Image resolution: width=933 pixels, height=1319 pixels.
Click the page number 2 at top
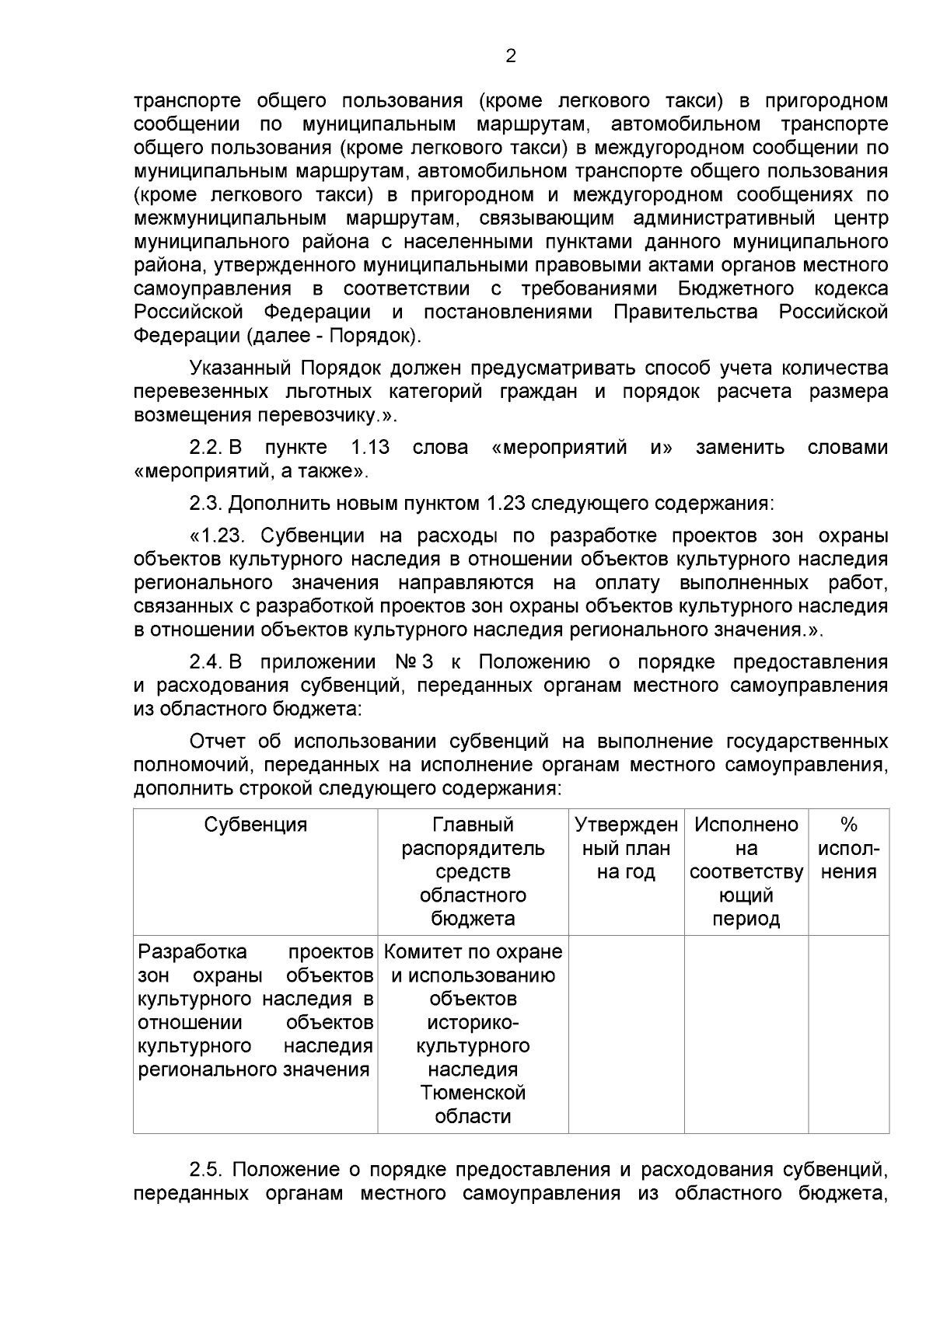point(511,56)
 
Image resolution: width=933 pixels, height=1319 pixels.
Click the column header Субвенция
point(256,825)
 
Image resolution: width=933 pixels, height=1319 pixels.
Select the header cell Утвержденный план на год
point(626,848)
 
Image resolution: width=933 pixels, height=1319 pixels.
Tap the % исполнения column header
point(848,848)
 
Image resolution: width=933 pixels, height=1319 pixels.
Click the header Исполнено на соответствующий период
point(746,871)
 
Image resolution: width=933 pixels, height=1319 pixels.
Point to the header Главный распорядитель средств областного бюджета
point(473,871)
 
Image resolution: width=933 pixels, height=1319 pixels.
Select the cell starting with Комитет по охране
point(473,1033)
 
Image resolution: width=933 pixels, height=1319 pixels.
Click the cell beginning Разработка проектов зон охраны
point(256,1010)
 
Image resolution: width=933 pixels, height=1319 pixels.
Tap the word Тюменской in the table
point(473,1092)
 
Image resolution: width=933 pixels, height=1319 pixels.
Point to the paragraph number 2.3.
point(206,503)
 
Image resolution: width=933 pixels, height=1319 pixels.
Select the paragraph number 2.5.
point(207,1170)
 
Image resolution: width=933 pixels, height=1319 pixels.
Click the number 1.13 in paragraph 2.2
point(370,448)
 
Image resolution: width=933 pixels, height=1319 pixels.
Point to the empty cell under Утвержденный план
point(626,1033)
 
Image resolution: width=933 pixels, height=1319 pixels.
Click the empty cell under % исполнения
point(848,1033)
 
